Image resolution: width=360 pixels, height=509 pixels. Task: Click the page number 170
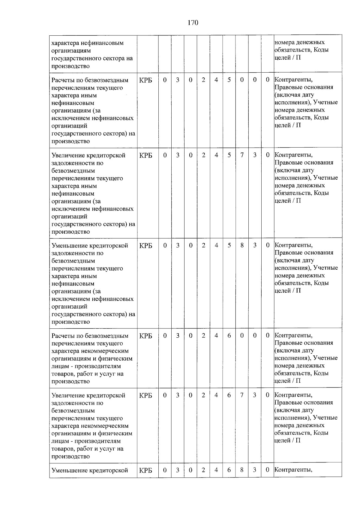tap(193, 22)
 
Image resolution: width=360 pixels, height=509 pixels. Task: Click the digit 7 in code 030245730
tap(242, 155)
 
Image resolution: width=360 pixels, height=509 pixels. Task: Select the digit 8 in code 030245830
tap(242, 245)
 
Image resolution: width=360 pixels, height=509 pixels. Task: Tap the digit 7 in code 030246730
tap(242, 395)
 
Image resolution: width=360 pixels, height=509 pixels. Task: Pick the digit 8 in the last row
tap(242, 470)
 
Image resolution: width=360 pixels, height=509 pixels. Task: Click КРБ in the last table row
tap(145, 470)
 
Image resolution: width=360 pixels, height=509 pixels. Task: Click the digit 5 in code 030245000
tap(229, 80)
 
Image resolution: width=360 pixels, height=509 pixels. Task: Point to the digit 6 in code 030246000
tap(229, 335)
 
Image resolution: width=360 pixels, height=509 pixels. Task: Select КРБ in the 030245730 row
tap(145, 155)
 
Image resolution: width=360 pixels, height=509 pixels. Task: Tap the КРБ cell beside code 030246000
tap(145, 336)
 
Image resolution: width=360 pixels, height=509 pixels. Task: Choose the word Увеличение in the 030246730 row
tap(68, 395)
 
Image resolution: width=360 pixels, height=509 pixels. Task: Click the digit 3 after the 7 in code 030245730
tap(255, 155)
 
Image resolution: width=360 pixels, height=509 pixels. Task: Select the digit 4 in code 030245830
tap(216, 245)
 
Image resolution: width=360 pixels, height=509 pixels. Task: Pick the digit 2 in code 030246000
tap(203, 335)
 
